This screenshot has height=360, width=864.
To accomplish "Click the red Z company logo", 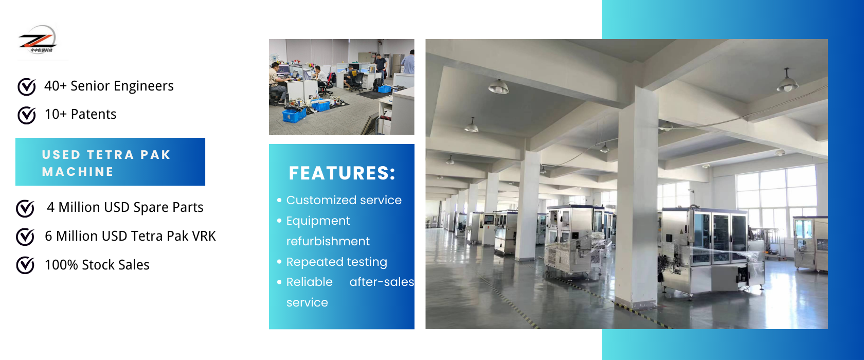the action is [38, 40].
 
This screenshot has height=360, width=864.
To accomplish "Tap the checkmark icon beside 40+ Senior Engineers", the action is [27, 86].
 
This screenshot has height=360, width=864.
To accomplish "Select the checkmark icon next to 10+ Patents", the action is [27, 115].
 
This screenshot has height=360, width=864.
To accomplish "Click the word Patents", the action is [94, 114].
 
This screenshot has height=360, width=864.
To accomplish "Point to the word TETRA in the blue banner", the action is [110, 155].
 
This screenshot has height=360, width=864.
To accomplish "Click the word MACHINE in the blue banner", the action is [78, 172].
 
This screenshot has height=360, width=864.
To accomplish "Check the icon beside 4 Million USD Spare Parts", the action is [25, 208].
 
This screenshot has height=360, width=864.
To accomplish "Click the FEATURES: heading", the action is [342, 173].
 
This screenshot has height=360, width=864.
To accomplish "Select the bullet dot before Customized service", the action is [279, 200].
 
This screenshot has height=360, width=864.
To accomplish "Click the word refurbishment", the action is [328, 241].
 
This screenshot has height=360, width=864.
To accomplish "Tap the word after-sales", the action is [382, 282].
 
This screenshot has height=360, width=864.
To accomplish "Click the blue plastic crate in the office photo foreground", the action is [294, 115].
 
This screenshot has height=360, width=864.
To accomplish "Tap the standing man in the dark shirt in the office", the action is [381, 66].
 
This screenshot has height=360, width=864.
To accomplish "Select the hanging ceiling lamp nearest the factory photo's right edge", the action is [787, 83].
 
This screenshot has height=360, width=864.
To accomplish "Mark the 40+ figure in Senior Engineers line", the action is [56, 86].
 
